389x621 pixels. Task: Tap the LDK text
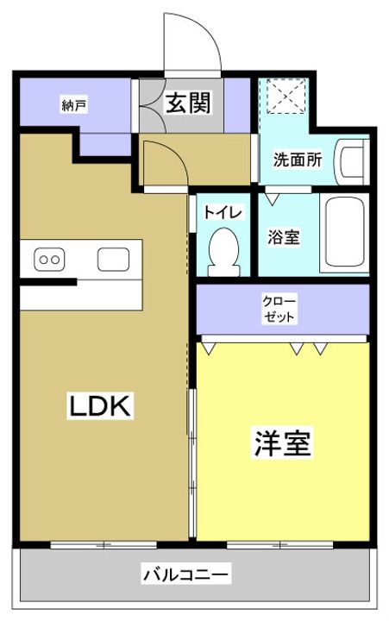tap(99, 405)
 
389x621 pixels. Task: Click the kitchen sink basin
tap(113, 258)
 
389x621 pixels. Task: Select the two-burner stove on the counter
tap(48, 258)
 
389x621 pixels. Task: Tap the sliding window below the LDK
tap(104, 544)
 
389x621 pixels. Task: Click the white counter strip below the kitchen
tap(79, 297)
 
